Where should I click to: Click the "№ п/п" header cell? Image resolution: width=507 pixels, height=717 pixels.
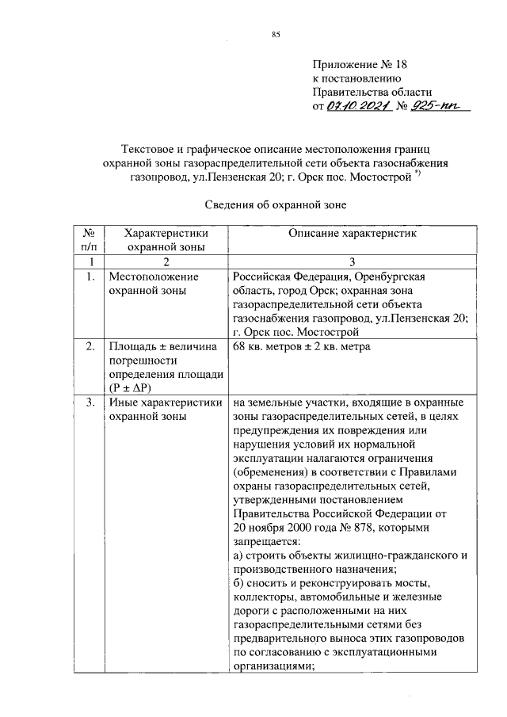click(x=90, y=240)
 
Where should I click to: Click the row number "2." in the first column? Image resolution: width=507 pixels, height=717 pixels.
click(x=90, y=346)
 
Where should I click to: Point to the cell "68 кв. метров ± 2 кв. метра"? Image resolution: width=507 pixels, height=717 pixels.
click(x=301, y=346)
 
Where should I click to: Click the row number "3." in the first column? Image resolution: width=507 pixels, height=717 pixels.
click(x=90, y=402)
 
